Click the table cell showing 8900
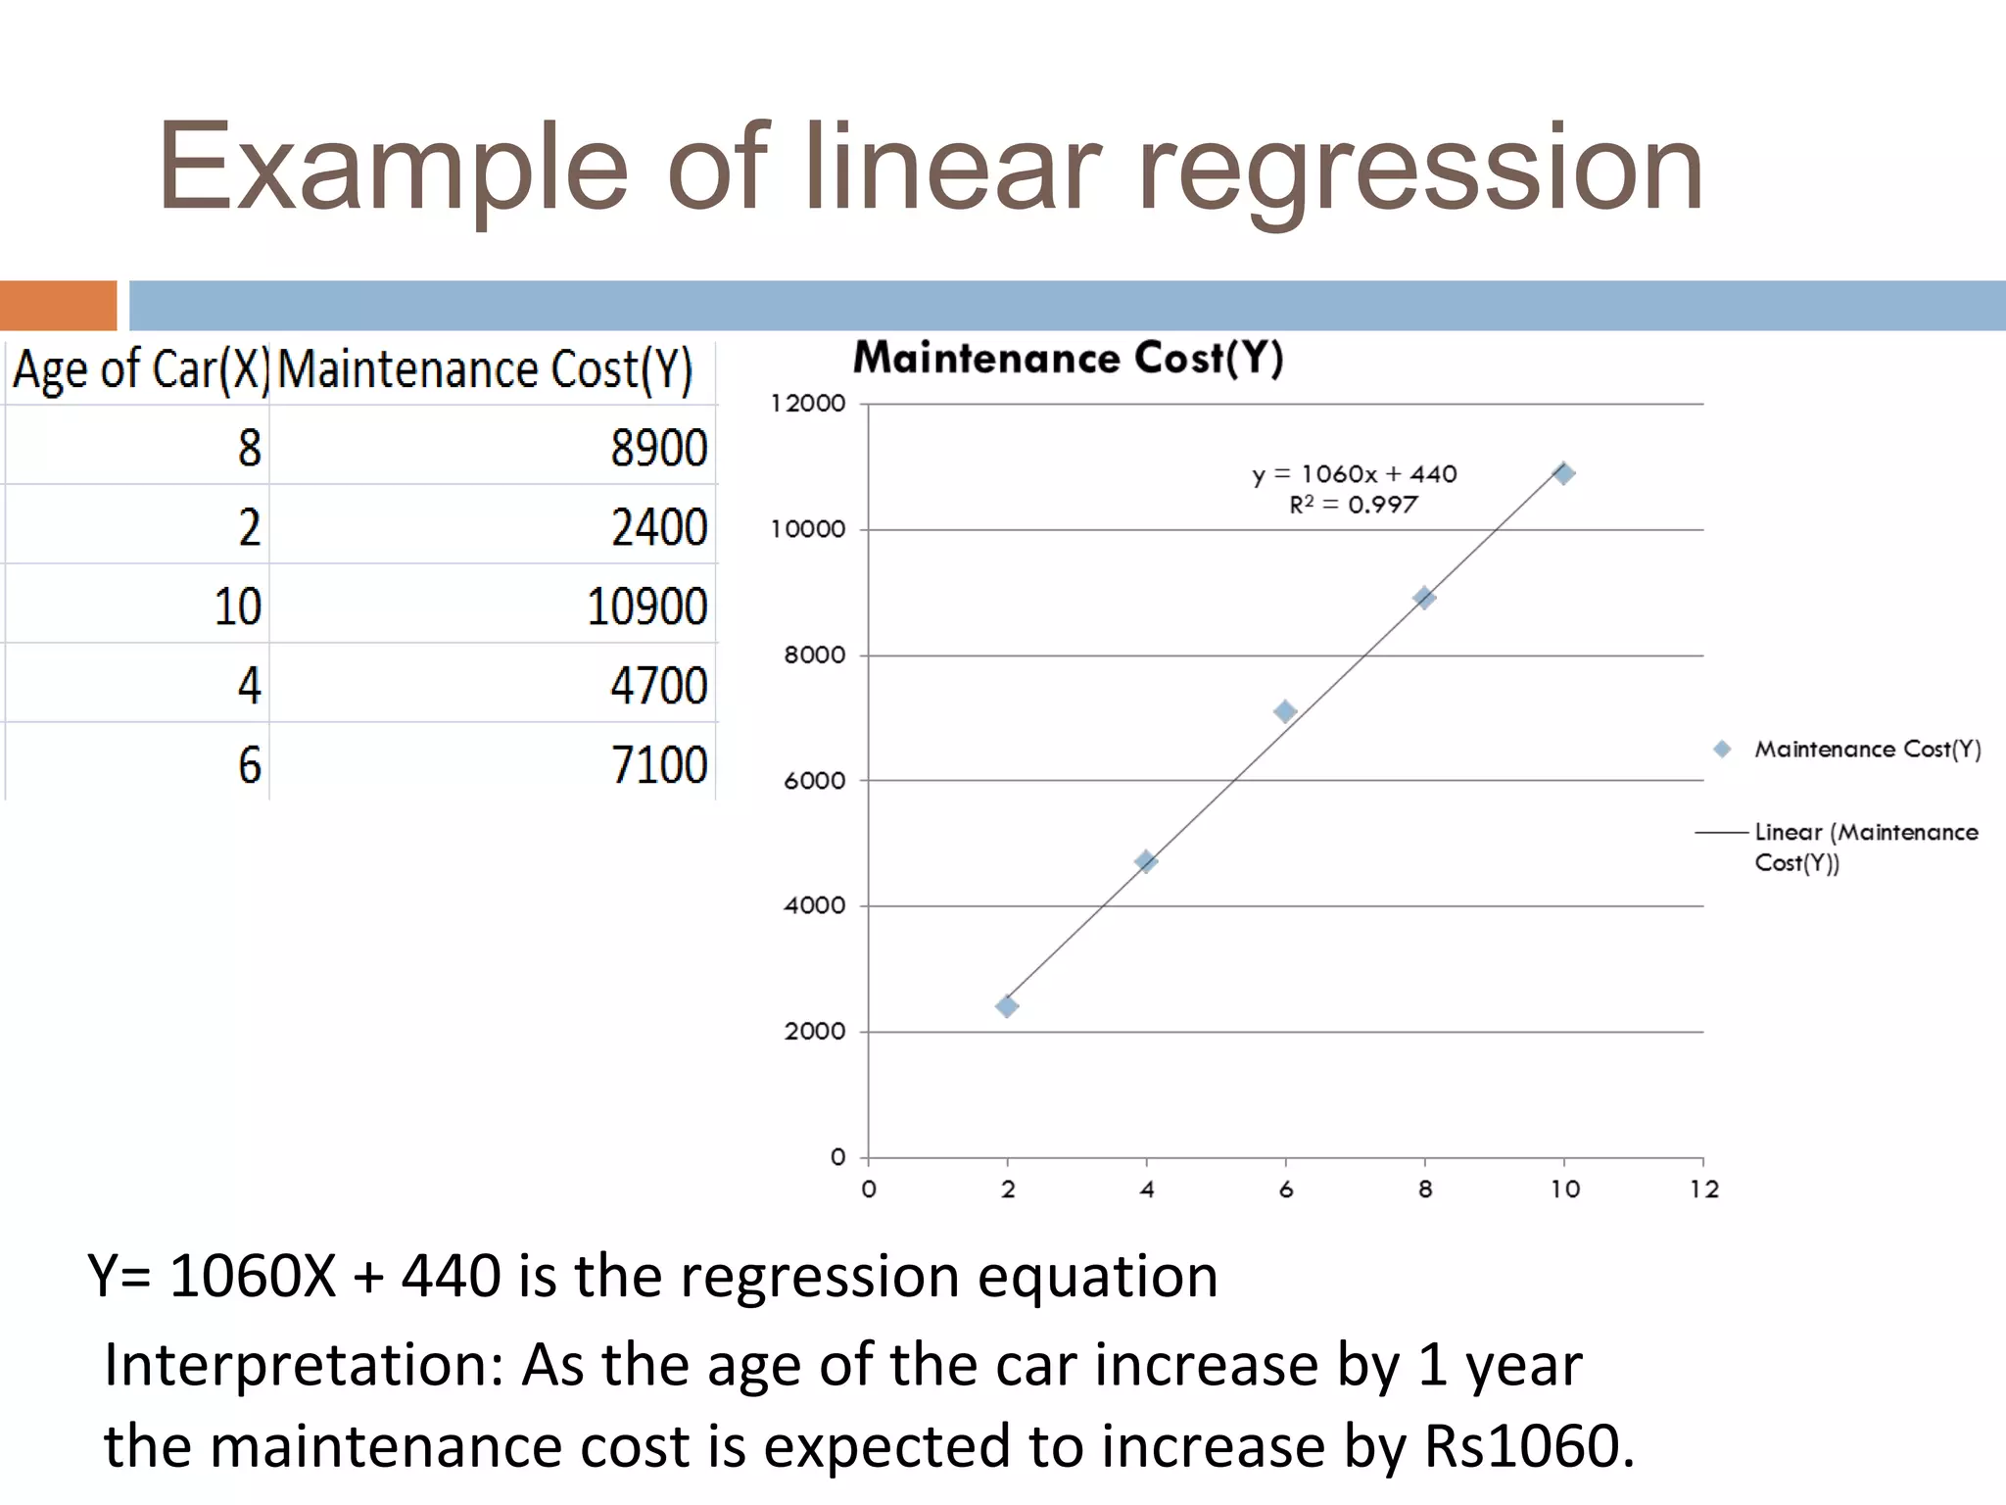pyautogui.click(x=658, y=448)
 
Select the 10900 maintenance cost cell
pyautogui.click(x=646, y=607)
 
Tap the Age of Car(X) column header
pyautogui.click(x=140, y=370)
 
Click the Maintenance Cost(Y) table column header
pyautogui.click(x=486, y=370)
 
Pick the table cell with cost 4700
pyautogui.click(x=658, y=686)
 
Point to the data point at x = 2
pyautogui.click(x=1007, y=1006)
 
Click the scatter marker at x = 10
pyautogui.click(x=1564, y=474)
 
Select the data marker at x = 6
pyautogui.click(x=1285, y=711)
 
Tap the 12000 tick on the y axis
pyautogui.click(x=807, y=404)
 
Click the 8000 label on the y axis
pyautogui.click(x=814, y=655)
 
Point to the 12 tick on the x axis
pyautogui.click(x=1704, y=1189)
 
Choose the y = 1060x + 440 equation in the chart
pyautogui.click(x=1355, y=474)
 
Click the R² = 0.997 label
pyautogui.click(x=1353, y=505)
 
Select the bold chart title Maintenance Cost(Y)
pyautogui.click(x=1068, y=359)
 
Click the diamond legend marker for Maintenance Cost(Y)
pyautogui.click(x=1722, y=750)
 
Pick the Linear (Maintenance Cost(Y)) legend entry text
pyautogui.click(x=1865, y=847)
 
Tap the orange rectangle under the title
pyautogui.click(x=58, y=306)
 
